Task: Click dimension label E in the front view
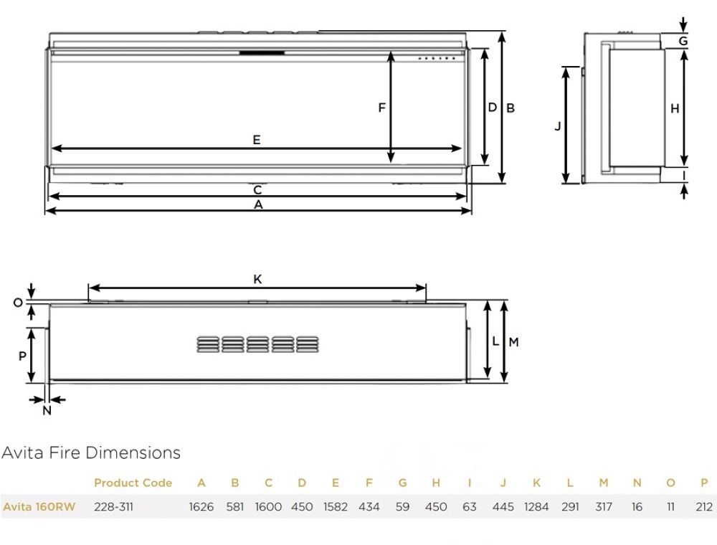(256, 140)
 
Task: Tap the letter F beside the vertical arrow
(382, 108)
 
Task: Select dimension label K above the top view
(257, 280)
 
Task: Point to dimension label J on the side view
(558, 125)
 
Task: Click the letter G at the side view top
(683, 41)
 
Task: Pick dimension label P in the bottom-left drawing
(22, 356)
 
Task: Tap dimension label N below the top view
(47, 410)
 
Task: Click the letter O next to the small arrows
(18, 303)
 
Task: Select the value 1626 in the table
(201, 507)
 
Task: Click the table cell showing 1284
(536, 507)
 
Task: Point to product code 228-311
(113, 507)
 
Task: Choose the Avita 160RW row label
(38, 507)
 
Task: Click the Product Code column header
(133, 483)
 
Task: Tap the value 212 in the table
(704, 507)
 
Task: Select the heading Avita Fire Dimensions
(91, 452)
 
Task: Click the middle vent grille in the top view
(257, 344)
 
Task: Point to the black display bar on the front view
(262, 52)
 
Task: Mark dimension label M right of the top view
(513, 342)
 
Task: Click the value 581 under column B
(235, 507)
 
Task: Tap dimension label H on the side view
(675, 108)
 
